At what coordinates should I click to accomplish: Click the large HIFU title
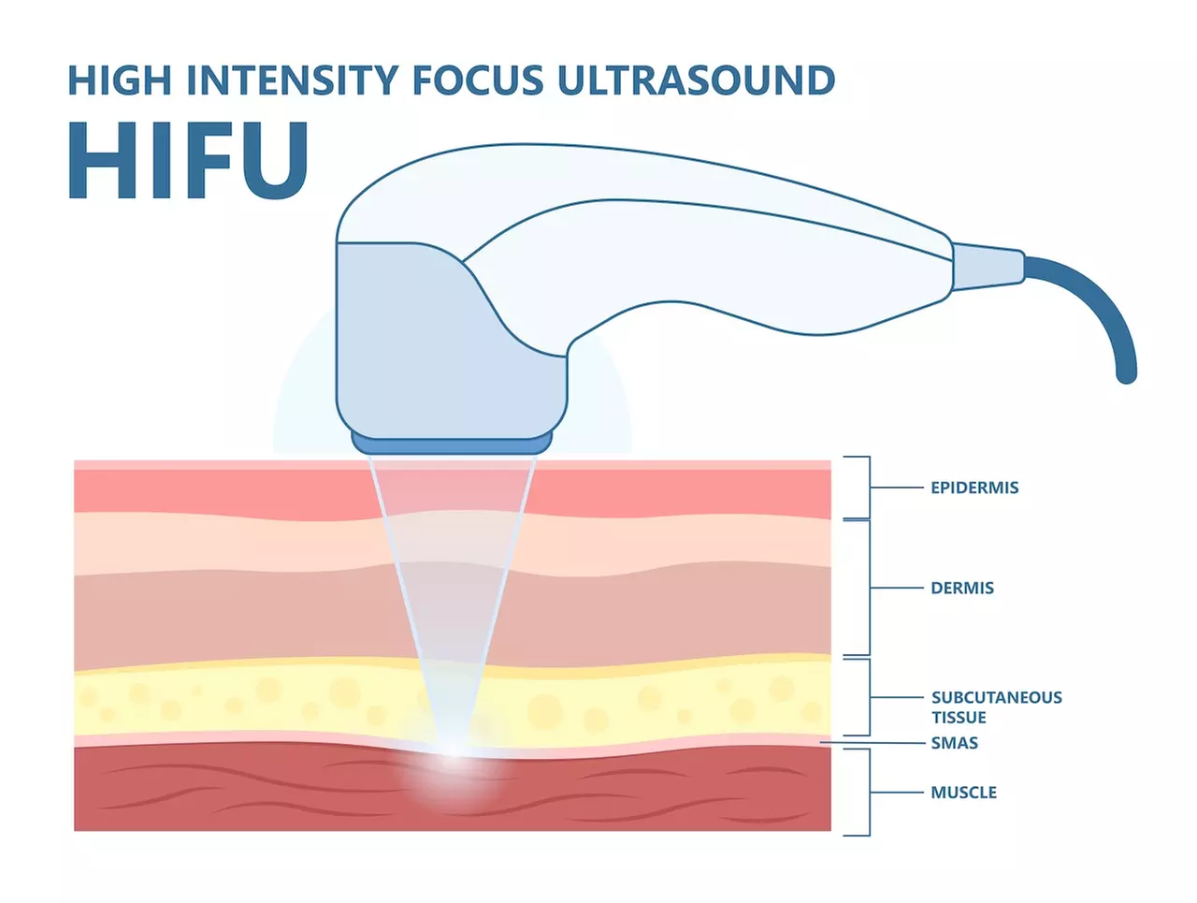coord(187,160)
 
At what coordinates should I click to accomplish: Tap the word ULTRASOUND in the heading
coord(696,81)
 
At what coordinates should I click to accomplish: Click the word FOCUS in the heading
coord(478,81)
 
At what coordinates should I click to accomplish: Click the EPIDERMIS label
coord(974,488)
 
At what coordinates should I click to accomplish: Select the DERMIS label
coord(962,588)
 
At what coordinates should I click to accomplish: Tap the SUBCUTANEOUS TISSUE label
coord(996,707)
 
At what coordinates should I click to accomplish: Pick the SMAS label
coord(954,743)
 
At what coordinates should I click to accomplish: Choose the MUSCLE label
coord(963,793)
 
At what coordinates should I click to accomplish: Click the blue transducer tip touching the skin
coord(452,441)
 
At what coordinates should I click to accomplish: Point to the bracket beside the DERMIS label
coord(869,588)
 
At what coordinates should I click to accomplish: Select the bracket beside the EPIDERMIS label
coord(869,488)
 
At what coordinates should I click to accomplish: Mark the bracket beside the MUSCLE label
coord(869,792)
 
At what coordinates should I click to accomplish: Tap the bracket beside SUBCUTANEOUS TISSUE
coord(869,697)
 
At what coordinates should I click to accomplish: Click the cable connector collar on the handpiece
coord(988,264)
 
